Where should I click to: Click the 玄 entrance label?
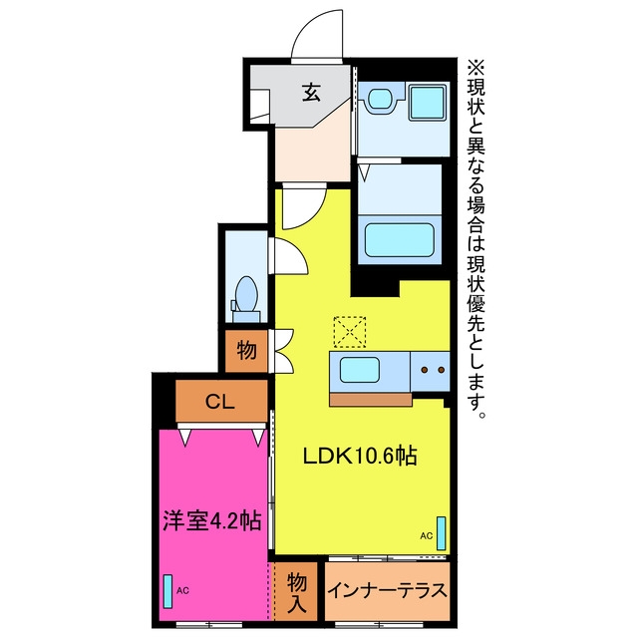click(312, 93)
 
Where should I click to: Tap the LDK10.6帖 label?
click(360, 457)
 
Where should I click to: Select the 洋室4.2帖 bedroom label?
click(211, 520)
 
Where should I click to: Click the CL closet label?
click(220, 402)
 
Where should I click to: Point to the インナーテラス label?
click(387, 591)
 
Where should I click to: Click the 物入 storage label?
click(297, 592)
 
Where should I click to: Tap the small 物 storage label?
click(246, 350)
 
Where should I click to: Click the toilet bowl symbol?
click(246, 294)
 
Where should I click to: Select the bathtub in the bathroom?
click(399, 240)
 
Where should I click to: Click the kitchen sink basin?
click(360, 370)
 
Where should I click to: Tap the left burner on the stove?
click(424, 370)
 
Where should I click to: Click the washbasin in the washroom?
click(381, 99)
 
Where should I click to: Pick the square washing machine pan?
click(427, 102)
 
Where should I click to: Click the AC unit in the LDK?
click(441, 533)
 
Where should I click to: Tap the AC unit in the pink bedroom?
click(167, 591)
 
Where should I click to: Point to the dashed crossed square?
click(350, 332)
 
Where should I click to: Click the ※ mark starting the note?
click(476, 69)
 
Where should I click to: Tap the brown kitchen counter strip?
click(370, 400)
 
